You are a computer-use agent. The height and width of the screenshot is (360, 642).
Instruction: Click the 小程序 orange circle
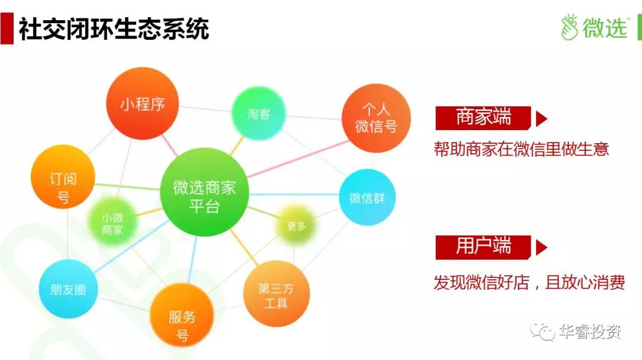pos(143,103)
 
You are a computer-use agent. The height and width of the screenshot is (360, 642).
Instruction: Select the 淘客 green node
pos(259,113)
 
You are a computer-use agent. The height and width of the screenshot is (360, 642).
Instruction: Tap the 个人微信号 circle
pos(376,118)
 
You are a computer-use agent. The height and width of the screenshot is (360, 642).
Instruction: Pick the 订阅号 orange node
pos(63,176)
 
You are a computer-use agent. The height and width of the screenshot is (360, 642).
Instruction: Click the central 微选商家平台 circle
pos(204,192)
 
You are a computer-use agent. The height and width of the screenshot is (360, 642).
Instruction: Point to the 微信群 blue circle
pos(367,197)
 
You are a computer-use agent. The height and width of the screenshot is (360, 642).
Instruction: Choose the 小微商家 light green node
pos(112,223)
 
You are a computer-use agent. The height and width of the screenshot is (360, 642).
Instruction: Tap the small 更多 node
pos(296,226)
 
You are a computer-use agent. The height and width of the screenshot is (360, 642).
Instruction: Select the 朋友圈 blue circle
pos(68,289)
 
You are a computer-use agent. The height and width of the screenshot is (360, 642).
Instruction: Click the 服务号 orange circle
pos(182,315)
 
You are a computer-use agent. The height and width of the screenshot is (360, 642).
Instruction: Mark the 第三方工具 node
pos(276,293)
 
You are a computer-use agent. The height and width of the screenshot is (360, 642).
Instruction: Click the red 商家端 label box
pos(483,118)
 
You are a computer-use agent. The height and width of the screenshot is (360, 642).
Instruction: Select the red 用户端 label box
pos(483,247)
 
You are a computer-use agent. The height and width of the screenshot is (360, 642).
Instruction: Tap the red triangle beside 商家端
pos(542,119)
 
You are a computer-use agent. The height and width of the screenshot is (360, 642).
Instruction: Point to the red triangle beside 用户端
pos(542,248)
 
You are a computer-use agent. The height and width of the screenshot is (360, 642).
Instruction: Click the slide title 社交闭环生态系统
pos(114,29)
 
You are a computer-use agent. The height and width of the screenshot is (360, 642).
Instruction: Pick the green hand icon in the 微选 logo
pos(569,27)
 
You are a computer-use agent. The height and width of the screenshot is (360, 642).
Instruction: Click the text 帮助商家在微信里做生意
pos(521,149)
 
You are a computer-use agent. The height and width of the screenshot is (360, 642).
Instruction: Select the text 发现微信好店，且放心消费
pos(529,282)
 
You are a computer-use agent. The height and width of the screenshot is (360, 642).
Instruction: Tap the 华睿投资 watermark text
pos(590,331)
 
